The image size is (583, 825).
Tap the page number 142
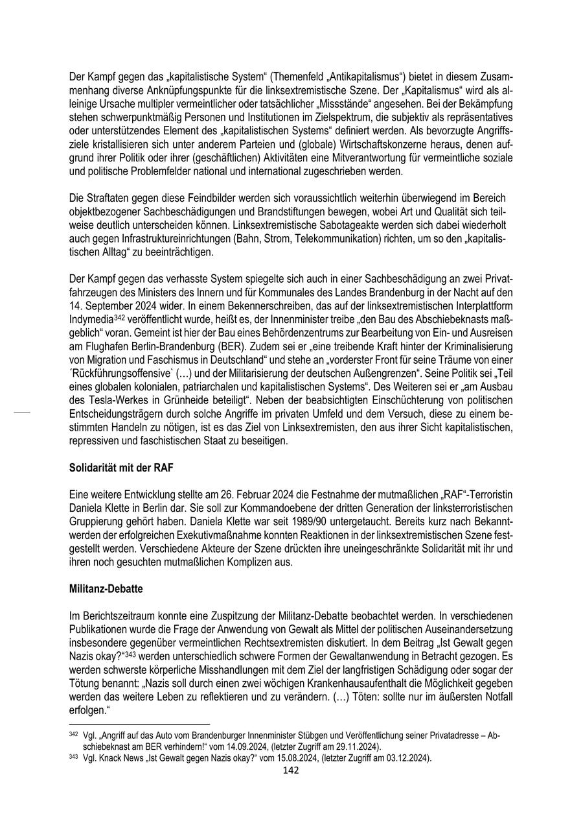[291, 770]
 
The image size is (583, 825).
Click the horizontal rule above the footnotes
[139, 724]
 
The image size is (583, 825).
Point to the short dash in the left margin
[22, 411]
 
